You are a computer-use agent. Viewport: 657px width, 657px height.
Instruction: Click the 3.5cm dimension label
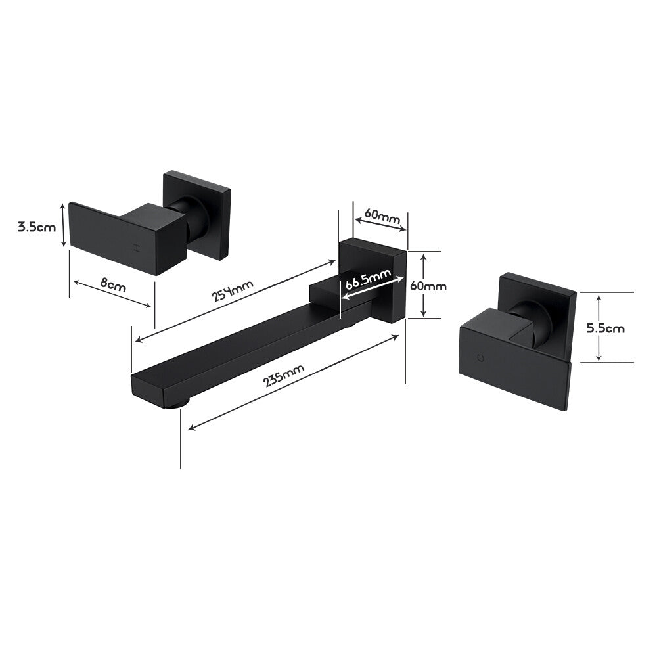37,227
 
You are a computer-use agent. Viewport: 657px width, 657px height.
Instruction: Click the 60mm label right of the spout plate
428,286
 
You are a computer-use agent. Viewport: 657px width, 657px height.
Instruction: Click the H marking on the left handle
137,248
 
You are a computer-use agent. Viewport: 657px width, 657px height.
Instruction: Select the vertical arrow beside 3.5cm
64,225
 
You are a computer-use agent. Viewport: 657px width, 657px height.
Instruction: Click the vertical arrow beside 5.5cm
599,328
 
